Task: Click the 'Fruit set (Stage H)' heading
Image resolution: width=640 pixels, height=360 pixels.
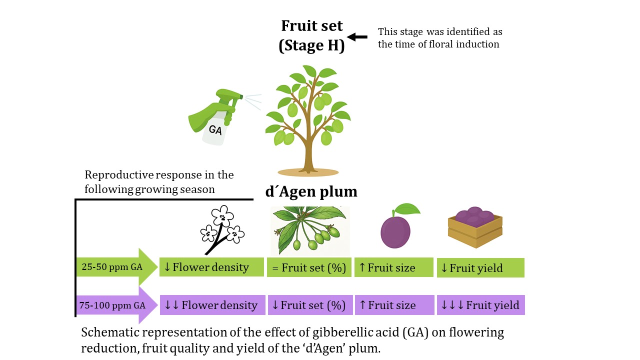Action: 311,35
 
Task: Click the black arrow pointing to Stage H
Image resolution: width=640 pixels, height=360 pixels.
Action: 357,36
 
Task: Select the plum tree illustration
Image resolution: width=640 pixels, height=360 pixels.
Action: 307,120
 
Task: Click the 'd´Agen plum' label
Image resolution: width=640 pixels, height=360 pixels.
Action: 311,191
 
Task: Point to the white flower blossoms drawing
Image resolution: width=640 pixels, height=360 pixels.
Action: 221,229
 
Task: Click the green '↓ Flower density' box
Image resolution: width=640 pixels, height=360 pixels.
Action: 211,267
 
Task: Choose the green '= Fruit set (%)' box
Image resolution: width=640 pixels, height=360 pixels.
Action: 309,267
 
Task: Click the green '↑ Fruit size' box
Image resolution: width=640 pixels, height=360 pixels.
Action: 393,267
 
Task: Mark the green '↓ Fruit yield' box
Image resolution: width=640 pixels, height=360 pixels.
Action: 480,267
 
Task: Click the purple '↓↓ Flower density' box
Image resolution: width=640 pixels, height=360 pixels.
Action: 211,305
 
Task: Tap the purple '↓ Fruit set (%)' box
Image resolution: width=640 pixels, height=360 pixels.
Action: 309,305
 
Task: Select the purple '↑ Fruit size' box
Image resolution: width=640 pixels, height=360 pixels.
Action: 394,305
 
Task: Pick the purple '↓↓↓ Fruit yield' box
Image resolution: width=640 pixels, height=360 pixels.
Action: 480,305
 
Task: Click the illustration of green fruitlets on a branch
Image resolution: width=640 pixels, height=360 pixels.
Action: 310,230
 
